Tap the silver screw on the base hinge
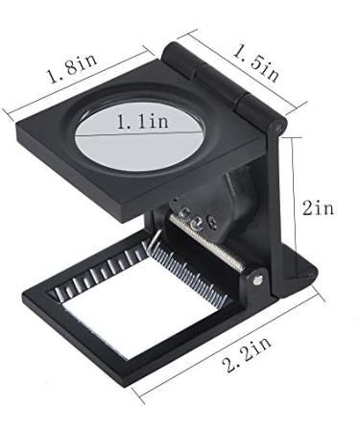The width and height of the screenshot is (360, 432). [258, 280]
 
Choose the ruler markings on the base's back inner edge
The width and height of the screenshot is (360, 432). [106, 264]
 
